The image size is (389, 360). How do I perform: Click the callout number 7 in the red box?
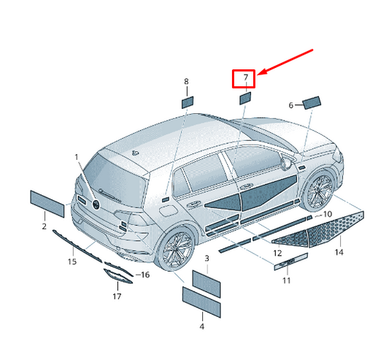coord(246,77)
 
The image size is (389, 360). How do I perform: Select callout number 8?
coord(186,82)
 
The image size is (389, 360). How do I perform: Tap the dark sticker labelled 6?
coord(312,102)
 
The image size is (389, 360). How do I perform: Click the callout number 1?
coord(77,157)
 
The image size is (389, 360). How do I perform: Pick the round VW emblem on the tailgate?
coord(96,204)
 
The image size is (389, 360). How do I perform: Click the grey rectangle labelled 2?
coord(47,204)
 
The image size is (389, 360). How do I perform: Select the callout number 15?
coord(72,261)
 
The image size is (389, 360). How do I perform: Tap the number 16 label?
coord(145,275)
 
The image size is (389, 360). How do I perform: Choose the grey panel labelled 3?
coord(207,284)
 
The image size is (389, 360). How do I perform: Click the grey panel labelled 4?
coord(201,302)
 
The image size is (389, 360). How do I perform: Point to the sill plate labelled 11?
coord(290,261)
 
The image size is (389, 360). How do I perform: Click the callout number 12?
coord(277,253)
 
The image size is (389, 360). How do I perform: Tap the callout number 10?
coord(328,214)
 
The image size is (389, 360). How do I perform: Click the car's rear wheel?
coord(175,248)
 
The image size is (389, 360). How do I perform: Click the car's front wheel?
coord(317,190)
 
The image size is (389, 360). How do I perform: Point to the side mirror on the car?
coord(286,163)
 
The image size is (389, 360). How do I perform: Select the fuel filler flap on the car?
coord(168,211)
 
